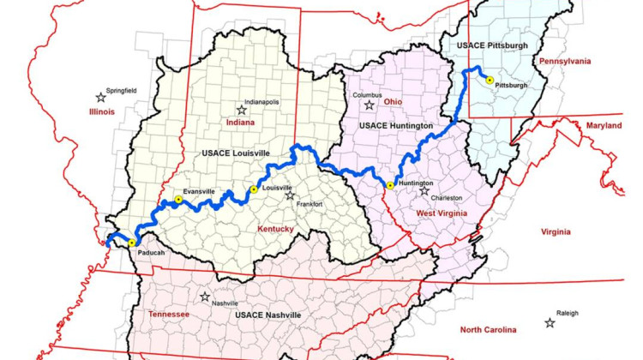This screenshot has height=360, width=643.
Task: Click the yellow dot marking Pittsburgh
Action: pyautogui.click(x=490, y=80)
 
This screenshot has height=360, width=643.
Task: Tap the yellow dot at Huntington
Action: pyautogui.click(x=390, y=185)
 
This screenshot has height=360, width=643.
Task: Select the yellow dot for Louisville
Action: pyautogui.click(x=253, y=189)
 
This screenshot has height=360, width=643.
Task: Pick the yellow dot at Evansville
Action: pyautogui.click(x=178, y=200)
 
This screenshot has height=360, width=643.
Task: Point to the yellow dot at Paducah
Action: pyautogui.click(x=131, y=243)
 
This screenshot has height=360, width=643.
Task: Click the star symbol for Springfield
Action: pyautogui.click(x=102, y=97)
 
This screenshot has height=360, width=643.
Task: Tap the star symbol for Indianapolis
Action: pyautogui.click(x=242, y=110)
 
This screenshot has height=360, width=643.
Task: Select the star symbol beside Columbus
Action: pyautogui.click(x=369, y=105)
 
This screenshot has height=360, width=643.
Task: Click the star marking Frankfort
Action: pyautogui.click(x=290, y=195)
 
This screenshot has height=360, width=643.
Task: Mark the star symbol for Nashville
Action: pyautogui.click(x=205, y=297)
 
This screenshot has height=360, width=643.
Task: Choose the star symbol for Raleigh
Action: pyautogui.click(x=549, y=323)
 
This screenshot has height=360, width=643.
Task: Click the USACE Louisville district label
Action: pyautogui.click(x=236, y=153)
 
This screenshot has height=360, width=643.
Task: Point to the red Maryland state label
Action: pyautogui.click(x=604, y=125)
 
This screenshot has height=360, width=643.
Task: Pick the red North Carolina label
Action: pyautogui.click(x=488, y=330)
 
